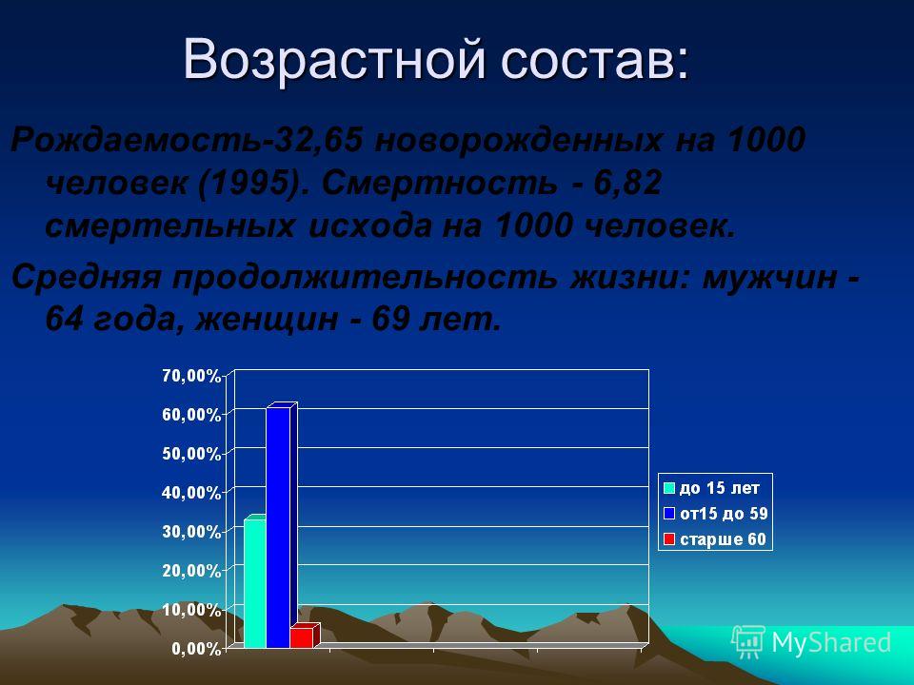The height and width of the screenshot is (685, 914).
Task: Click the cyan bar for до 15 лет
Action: click(x=255, y=582)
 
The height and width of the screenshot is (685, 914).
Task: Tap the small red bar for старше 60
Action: click(x=303, y=636)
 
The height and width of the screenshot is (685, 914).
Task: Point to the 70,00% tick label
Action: click(x=191, y=376)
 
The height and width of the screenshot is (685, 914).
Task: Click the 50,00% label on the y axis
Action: click(x=191, y=454)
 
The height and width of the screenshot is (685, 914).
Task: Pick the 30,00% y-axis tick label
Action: click(x=191, y=532)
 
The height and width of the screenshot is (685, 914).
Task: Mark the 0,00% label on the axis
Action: click(x=196, y=649)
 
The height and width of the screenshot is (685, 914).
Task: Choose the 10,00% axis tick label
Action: click(x=191, y=610)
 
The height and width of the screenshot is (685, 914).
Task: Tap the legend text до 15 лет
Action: click(x=720, y=487)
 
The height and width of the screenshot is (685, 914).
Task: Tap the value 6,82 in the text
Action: click(x=627, y=184)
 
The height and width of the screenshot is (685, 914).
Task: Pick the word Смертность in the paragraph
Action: click(x=438, y=184)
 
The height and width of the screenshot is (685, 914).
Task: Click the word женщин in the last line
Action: click(x=266, y=320)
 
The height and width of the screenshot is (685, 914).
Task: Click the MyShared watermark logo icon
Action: click(x=748, y=642)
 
